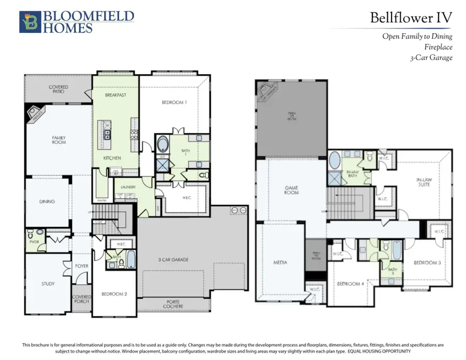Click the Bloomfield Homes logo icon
coord(28,22)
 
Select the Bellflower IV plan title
coord(411,18)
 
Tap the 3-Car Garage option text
coord(431,57)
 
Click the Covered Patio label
coord(59,89)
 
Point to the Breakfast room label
coord(115,95)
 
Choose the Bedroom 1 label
coord(174,103)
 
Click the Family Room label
coord(59,140)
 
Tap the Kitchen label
coord(112,157)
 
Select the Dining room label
coord(47,202)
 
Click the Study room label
coord(48,284)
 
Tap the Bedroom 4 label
coord(347,284)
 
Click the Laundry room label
coord(128,187)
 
